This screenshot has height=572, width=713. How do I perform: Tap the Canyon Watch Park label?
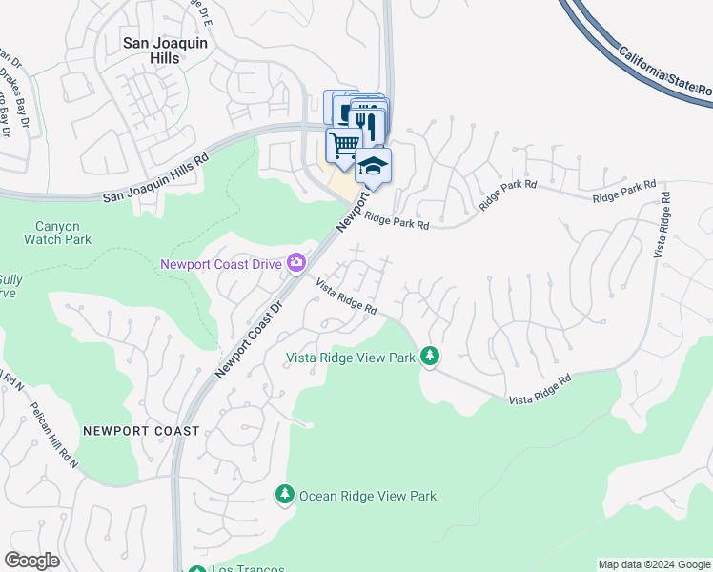pos(63,233)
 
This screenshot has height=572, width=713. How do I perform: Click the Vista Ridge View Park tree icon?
pos(431,357)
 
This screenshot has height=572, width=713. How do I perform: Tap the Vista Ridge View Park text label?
pos(352,357)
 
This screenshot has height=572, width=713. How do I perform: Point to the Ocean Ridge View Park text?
pos(368,496)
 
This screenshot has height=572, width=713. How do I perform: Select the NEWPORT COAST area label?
pos(141,431)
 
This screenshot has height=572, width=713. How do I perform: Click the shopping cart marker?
pos(343,145)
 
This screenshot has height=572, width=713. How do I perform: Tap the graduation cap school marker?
pos(374,166)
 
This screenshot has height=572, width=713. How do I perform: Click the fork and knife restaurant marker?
pos(367,125)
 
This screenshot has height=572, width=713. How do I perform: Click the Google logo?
pos(32,561)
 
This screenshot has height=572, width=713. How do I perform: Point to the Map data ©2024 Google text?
pos(653,564)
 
